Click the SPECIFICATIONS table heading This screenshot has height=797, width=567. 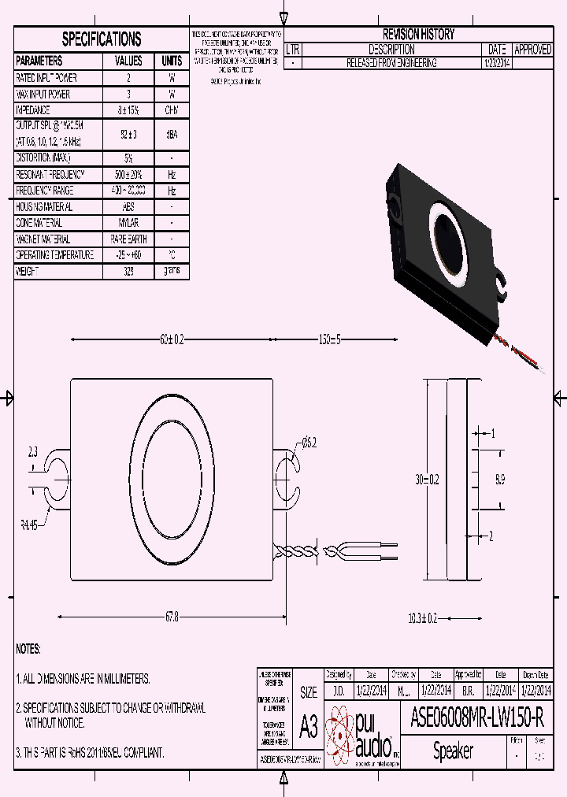pyautogui.click(x=102, y=39)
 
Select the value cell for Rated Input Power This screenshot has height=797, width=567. pyautogui.click(x=128, y=78)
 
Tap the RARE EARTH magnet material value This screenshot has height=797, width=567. pyautogui.click(x=128, y=239)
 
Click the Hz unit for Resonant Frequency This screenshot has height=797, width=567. pyautogui.click(x=171, y=175)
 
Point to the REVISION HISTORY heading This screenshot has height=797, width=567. pyautogui.click(x=418, y=35)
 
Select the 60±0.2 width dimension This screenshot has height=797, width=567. pyautogui.click(x=171, y=339)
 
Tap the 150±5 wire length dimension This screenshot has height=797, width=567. pyautogui.click(x=329, y=339)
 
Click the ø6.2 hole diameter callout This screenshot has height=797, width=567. pyautogui.click(x=308, y=443)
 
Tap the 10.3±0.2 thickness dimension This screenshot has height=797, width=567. pyautogui.click(x=422, y=618)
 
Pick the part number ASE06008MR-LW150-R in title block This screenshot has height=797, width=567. pyautogui.click(x=476, y=717)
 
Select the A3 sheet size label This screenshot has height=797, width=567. pyautogui.click(x=309, y=726)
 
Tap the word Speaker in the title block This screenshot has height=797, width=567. pyautogui.click(x=453, y=751)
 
